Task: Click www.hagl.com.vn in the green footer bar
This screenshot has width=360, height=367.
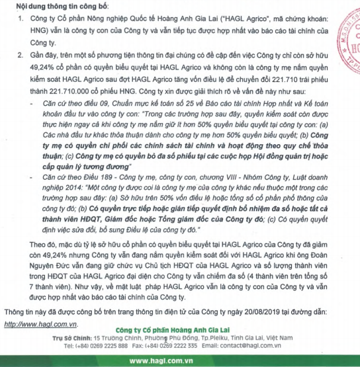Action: pyautogui.click(x=180, y=360)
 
